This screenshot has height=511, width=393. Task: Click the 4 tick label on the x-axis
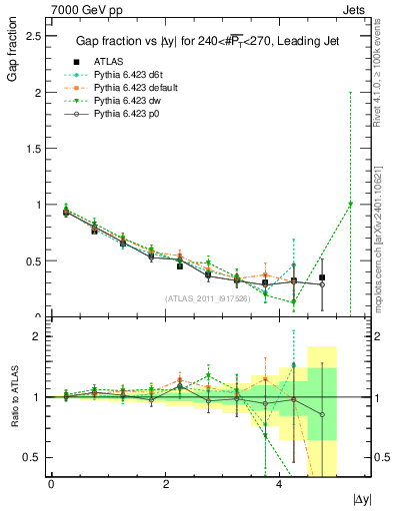pyautogui.click(x=279, y=483)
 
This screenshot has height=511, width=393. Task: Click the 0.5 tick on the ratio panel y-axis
pyautogui.click(x=33, y=457)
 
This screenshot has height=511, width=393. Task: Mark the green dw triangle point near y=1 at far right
pyautogui.click(x=350, y=204)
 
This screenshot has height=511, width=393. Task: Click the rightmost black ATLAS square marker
pyautogui.click(x=322, y=277)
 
